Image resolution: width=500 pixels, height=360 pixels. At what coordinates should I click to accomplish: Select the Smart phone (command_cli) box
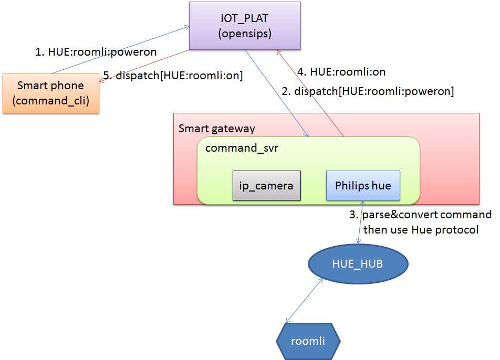(50, 93)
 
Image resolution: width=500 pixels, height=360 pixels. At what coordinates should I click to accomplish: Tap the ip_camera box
(267, 185)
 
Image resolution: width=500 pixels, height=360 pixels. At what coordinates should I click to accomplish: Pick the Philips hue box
(363, 185)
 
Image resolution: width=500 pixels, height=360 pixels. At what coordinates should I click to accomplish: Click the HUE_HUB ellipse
(357, 264)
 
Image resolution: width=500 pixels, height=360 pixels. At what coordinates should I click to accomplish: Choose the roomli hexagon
(308, 341)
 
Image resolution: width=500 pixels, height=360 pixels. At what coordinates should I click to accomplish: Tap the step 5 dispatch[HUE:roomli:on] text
(173, 76)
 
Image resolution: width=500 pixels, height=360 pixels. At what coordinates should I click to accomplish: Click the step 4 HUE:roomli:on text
(342, 71)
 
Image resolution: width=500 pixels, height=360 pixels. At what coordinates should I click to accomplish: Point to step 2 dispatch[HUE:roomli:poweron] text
(368, 91)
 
